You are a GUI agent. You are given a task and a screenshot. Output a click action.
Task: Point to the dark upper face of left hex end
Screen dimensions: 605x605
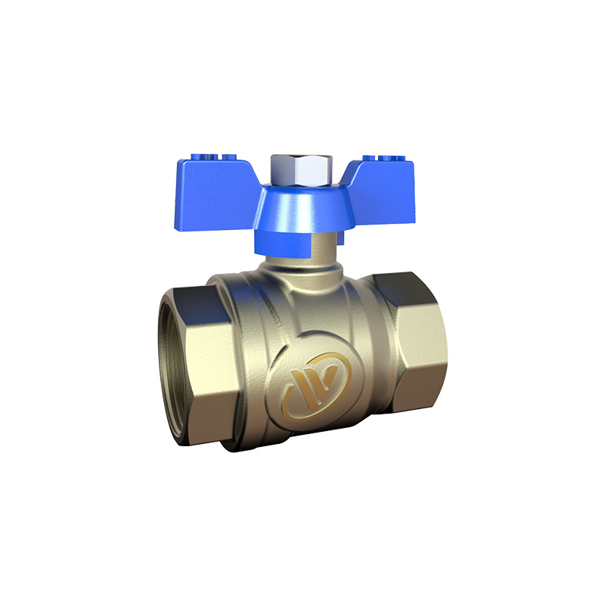tap(197, 287)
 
